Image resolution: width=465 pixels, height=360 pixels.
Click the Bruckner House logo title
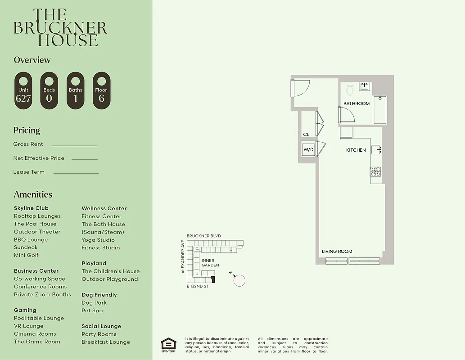(x=60, y=28)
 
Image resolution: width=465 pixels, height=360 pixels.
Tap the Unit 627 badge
(x=23, y=90)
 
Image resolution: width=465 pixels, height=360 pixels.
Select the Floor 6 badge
(x=102, y=90)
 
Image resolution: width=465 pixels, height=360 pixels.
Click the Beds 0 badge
(x=50, y=90)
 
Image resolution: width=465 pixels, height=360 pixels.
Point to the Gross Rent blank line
(x=74, y=145)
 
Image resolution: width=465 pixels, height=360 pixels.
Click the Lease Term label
(x=29, y=172)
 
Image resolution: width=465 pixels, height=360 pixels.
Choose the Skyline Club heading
(x=31, y=208)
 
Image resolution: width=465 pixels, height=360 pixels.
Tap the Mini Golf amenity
(x=26, y=255)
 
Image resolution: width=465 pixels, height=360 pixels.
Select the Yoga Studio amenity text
(x=98, y=240)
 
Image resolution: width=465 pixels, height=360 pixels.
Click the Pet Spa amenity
(x=92, y=310)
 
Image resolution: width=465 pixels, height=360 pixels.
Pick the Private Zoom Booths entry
(x=42, y=294)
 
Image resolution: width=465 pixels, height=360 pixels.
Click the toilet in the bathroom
(x=350, y=89)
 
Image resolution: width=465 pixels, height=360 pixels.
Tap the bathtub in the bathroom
(x=380, y=110)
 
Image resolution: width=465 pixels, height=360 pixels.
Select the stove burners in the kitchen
(x=375, y=171)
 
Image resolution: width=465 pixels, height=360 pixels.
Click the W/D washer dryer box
(x=308, y=149)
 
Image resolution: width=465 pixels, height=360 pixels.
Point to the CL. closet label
(x=307, y=135)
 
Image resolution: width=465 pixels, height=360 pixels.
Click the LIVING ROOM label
(x=337, y=252)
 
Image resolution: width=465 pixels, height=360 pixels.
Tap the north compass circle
(x=239, y=280)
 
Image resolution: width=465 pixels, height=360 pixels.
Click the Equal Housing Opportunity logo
(x=169, y=344)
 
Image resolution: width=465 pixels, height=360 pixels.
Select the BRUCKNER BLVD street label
(x=204, y=236)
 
